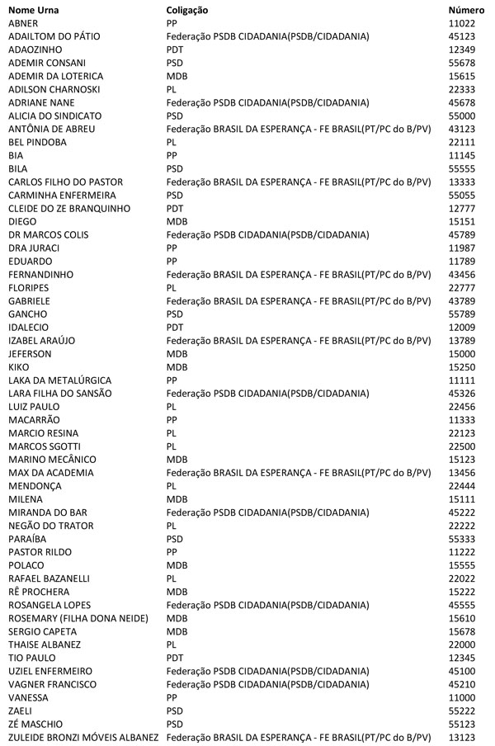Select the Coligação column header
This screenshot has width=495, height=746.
click(187, 10)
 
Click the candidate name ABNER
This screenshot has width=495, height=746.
click(23, 23)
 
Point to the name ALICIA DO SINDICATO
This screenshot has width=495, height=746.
click(54, 116)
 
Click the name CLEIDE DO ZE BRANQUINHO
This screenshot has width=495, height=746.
click(69, 208)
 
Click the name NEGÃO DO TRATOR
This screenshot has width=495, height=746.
click(51, 525)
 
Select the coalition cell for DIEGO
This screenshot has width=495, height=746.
click(177, 221)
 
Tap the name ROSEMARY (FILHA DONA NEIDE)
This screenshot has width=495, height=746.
click(75, 617)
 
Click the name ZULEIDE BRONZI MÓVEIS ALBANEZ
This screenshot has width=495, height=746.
click(83, 736)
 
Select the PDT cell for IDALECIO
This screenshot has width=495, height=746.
click(175, 327)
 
